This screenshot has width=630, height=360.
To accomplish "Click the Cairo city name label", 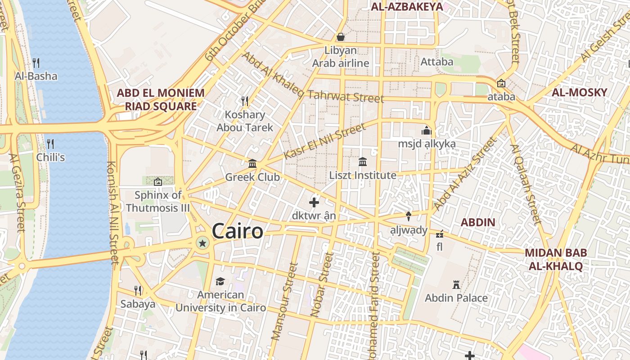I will point(237,231).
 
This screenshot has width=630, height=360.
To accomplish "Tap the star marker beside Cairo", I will point(202,243).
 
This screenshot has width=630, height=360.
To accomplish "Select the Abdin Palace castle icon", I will point(456,284).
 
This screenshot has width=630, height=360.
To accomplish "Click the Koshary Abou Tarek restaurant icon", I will point(245,101).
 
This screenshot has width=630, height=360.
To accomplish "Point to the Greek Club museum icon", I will point(252,163).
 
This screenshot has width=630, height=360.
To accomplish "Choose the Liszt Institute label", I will point(363,175).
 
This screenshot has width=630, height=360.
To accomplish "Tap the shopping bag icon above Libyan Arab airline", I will point(341,36).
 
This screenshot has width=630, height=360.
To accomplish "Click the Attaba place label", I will point(436,62).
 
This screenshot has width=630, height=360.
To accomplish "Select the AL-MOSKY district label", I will point(580,93).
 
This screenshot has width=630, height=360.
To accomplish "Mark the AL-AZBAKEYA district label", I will point(407,6).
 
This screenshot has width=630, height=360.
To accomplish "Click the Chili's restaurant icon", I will point(50,144).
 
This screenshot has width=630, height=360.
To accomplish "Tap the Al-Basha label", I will point(36,76).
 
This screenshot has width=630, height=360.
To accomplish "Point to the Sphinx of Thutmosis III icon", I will point(157,182).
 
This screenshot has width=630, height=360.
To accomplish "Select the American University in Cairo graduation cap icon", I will point(220,281).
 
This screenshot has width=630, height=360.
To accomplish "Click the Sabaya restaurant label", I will point(138,304).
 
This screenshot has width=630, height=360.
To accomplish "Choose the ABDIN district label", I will point(478,222).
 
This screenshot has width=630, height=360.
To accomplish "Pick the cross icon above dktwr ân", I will point(314,202).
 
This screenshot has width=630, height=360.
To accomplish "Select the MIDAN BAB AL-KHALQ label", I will point(556,259).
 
